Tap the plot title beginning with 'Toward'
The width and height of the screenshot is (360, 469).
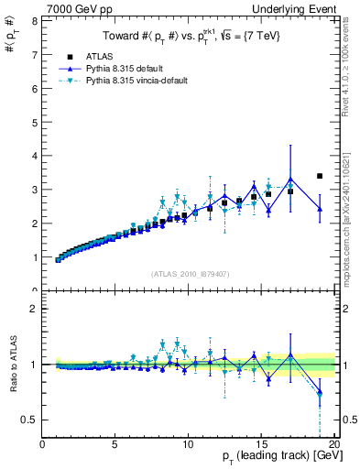click(x=189, y=37)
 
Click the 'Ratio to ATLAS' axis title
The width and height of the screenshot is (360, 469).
click(x=11, y=365)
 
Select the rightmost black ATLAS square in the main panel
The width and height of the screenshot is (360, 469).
click(x=320, y=176)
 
